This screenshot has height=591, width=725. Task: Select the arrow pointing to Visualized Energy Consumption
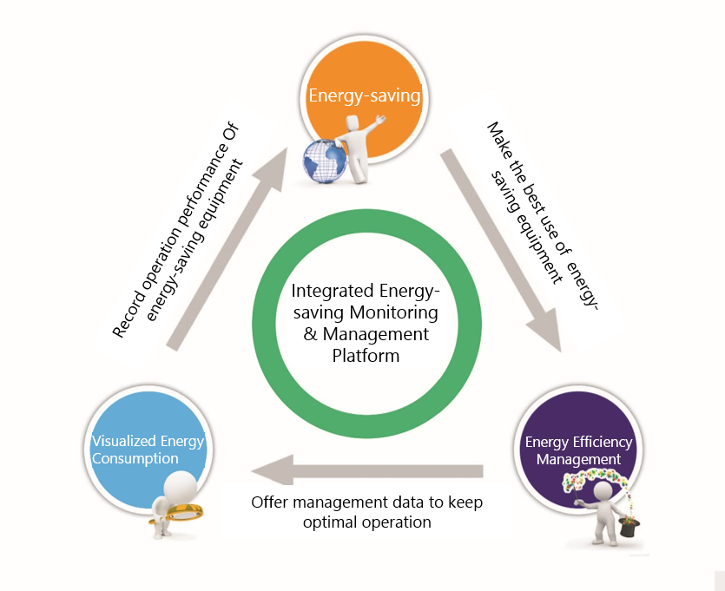[x=365, y=471]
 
